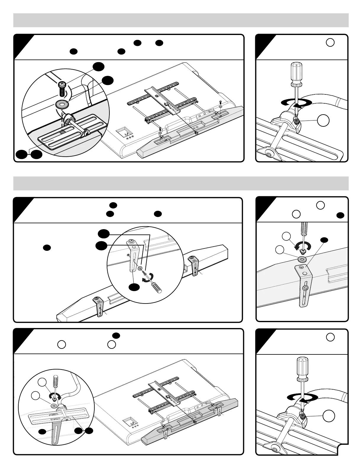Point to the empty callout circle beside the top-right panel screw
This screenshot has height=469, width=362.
(324, 120)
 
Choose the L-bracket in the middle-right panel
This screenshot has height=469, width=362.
(304, 284)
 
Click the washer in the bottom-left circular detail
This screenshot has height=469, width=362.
(54, 405)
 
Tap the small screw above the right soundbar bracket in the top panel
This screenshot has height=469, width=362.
(221, 102)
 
